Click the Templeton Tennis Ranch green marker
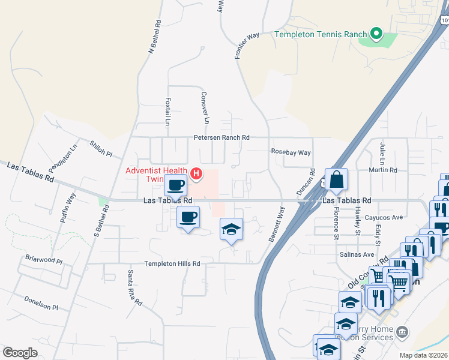click(x=376, y=34)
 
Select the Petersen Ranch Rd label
click(x=221, y=137)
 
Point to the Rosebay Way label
click(x=291, y=152)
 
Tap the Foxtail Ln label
click(x=168, y=112)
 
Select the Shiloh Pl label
click(x=101, y=149)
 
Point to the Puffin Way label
click(x=67, y=208)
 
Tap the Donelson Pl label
click(x=41, y=303)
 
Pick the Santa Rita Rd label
click(x=133, y=287)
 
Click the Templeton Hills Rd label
click(x=172, y=263)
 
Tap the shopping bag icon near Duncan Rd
click(x=337, y=179)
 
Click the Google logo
click(x=20, y=353)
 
